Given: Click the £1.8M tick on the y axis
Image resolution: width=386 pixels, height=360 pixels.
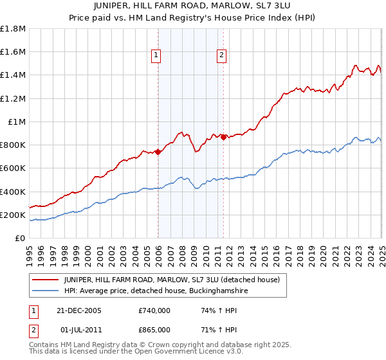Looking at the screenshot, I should pos(13,29).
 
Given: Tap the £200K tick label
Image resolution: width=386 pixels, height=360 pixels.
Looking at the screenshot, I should pos(13,215).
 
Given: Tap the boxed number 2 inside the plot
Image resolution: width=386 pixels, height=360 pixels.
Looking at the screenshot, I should pos(221,56).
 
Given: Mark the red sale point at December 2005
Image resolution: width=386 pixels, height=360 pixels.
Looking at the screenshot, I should pos(158,152).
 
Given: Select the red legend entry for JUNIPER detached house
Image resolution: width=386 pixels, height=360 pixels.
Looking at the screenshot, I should pos(171,280).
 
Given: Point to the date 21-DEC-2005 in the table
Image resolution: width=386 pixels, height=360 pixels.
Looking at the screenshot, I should pos(80,310).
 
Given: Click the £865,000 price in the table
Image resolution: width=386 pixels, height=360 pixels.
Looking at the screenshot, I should pos(154,329).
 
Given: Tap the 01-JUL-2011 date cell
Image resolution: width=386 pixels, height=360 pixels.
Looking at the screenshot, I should pos(80,329).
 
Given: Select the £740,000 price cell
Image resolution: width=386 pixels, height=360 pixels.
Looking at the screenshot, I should pos(154,310).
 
